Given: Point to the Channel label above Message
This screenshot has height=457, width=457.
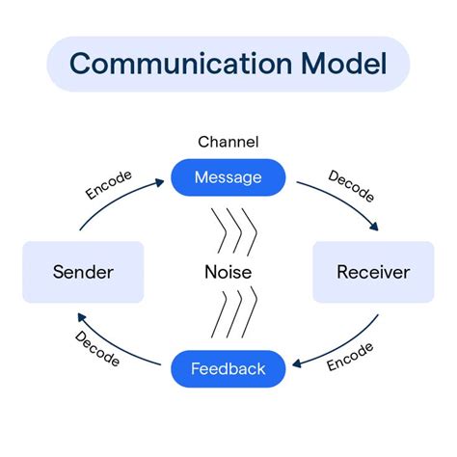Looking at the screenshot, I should pyautogui.click(x=228, y=142).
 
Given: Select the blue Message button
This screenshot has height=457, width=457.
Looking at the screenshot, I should pyautogui.click(x=228, y=176).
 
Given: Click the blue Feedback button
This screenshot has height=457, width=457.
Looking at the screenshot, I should pyautogui.click(x=228, y=368).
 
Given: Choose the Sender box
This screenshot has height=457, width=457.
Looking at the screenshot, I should pyautogui.click(x=82, y=272).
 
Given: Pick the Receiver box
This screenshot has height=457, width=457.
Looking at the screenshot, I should pyautogui.click(x=373, y=272).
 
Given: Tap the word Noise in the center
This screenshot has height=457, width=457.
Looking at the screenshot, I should pyautogui.click(x=228, y=272).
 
